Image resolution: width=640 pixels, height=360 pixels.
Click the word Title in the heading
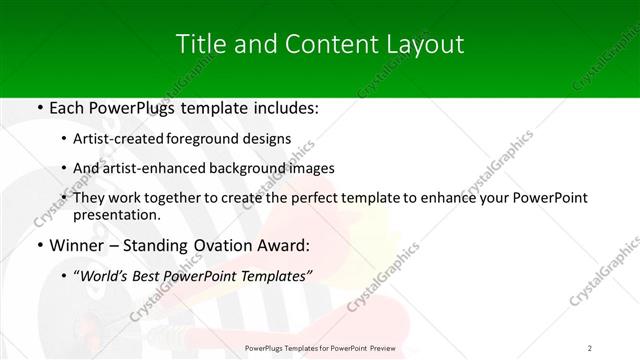click(198, 44)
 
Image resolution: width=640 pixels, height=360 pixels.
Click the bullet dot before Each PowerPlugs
click(39, 106)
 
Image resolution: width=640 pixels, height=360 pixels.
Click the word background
click(245, 168)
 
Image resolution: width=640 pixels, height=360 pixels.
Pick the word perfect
click(294, 198)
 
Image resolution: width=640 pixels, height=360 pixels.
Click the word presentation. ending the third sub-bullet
click(117, 214)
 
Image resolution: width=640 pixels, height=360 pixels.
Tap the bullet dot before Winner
click(39, 244)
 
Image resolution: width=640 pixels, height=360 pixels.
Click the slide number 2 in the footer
click(590, 347)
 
